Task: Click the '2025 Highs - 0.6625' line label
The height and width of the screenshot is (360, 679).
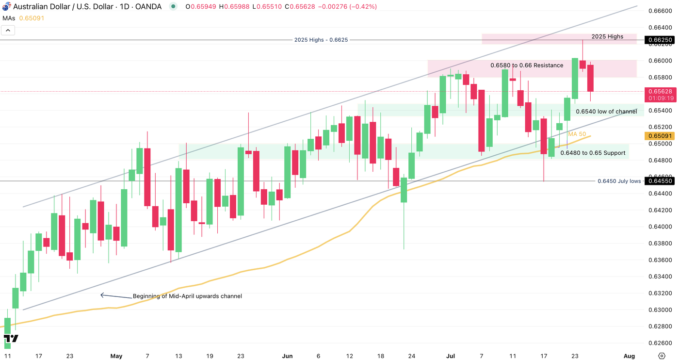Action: click(321, 40)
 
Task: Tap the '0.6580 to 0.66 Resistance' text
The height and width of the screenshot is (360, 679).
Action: click(527, 65)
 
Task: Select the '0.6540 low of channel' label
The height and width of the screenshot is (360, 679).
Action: click(606, 112)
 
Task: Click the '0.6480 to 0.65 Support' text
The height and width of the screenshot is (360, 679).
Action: click(593, 153)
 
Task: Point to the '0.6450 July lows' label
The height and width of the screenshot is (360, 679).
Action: click(619, 181)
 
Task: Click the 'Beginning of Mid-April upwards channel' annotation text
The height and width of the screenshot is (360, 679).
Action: click(187, 296)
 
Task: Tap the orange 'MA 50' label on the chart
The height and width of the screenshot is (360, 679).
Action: click(577, 134)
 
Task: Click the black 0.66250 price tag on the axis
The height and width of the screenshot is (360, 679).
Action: click(661, 40)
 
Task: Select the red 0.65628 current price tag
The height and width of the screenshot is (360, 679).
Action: click(661, 91)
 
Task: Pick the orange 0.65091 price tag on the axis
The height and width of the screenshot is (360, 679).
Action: click(661, 136)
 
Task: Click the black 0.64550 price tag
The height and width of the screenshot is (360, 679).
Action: click(661, 181)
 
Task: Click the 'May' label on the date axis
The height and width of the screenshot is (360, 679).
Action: click(116, 356)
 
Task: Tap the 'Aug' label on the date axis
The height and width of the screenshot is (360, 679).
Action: click(629, 356)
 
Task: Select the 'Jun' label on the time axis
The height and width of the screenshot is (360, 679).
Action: click(287, 356)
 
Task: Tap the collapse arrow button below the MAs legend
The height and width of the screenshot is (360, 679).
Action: click(8, 30)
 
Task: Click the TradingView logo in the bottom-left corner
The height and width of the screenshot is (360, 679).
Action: click(11, 339)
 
